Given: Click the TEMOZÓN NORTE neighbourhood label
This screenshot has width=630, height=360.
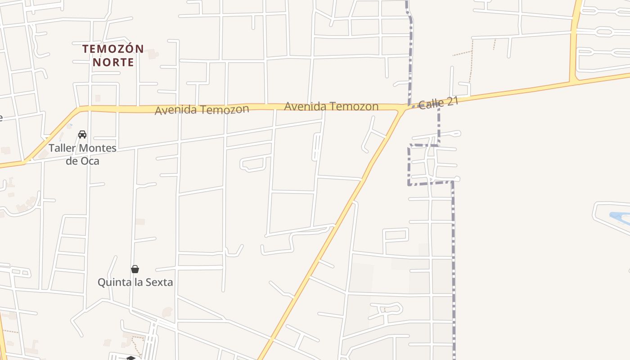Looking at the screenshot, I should click(x=113, y=55).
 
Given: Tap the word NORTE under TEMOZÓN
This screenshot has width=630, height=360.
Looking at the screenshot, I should click(x=113, y=62).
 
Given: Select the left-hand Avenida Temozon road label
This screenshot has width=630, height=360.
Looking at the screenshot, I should click(x=202, y=109).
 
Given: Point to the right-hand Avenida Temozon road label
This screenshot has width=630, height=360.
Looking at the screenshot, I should click(x=331, y=106).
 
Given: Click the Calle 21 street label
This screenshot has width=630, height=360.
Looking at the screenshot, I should click(x=438, y=103).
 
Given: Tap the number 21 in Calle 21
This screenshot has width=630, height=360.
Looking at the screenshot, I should click(x=451, y=101).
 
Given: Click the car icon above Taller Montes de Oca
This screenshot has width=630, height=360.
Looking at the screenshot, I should click(x=82, y=135).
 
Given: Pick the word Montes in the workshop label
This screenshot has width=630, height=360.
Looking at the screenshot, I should click(x=97, y=148).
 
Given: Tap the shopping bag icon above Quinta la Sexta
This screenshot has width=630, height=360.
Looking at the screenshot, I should click(x=135, y=269).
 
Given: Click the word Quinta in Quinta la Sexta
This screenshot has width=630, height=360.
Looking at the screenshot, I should click(x=113, y=283).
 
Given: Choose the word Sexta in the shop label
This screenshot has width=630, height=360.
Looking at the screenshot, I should click(x=158, y=283).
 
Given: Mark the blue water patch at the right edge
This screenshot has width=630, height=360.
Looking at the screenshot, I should click(x=620, y=218).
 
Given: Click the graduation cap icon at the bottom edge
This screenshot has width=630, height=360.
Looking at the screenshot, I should click(x=130, y=358).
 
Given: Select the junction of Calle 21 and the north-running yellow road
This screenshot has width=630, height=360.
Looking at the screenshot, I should click(x=573, y=82).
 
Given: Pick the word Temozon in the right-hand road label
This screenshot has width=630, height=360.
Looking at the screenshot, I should click(x=354, y=107).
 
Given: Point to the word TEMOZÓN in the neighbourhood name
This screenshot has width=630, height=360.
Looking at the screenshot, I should click(x=113, y=49).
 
